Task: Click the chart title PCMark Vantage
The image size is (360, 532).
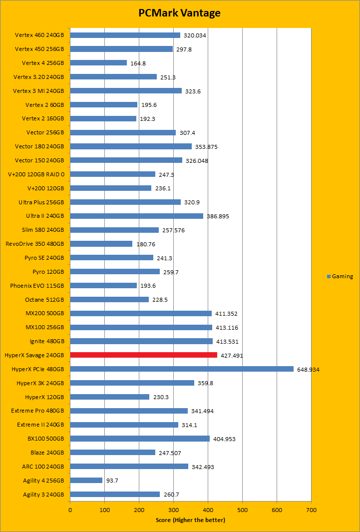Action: click(179, 13)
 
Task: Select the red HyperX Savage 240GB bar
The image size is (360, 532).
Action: click(144, 355)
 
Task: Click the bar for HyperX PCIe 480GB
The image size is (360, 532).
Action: click(182, 369)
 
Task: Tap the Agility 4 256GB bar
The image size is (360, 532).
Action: click(86, 481)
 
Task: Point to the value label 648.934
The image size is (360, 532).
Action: click(308, 370)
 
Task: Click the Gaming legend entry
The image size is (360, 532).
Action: click(342, 276)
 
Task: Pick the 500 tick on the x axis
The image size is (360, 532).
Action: click(242, 511)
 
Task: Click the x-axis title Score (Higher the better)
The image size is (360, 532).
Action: click(190, 520)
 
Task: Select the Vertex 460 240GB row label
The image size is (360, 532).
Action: click(39, 35)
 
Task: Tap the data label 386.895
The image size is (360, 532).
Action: click(218, 216)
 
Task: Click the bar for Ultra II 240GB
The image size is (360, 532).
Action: click(137, 216)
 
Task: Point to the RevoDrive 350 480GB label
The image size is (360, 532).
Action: click(34, 244)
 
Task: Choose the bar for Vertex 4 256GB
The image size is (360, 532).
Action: click(98, 63)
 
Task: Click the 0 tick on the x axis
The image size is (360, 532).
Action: click(70, 511)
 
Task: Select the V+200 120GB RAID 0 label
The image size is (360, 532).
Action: click(36, 174)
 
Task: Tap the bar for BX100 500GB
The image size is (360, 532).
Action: click(140, 439)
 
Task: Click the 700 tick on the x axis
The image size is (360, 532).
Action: click(311, 511)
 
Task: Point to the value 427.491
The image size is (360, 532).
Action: click(232, 356)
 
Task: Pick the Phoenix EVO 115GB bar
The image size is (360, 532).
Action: click(103, 285)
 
